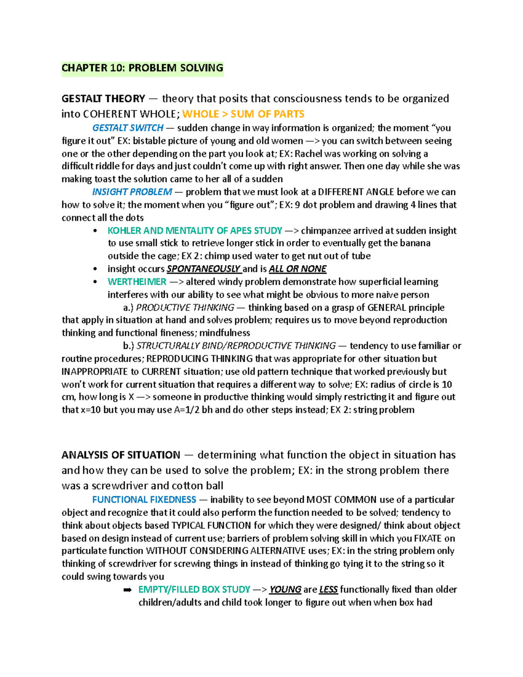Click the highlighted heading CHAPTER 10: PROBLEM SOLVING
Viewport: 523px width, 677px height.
(142, 68)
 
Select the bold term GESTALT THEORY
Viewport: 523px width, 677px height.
(103, 99)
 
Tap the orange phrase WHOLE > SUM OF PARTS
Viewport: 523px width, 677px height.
(243, 114)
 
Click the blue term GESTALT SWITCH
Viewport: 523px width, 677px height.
(128, 128)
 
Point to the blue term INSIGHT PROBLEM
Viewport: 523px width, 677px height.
(132, 192)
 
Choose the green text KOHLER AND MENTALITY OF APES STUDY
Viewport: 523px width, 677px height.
(195, 231)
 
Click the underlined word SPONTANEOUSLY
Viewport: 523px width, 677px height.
(204, 269)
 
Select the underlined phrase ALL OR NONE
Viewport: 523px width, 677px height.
(298, 269)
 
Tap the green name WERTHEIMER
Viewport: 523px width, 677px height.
(137, 282)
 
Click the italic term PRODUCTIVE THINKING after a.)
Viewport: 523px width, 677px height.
(185, 307)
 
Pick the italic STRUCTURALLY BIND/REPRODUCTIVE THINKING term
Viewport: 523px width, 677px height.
(236, 346)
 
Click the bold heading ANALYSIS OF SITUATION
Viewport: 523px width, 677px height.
(121, 455)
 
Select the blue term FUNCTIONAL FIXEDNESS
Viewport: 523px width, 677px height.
(144, 500)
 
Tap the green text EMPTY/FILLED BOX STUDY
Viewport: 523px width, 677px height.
(194, 589)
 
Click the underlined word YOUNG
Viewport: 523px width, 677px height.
(285, 589)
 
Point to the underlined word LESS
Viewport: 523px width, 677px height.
(328, 589)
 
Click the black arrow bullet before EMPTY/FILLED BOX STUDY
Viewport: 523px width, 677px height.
(127, 590)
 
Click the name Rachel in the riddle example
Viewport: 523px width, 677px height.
(309, 154)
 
